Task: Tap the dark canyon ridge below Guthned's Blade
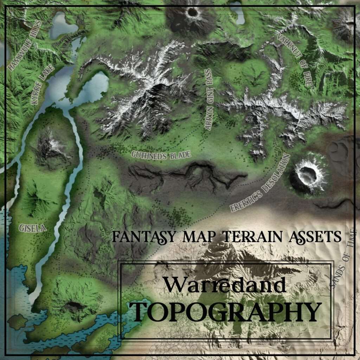click(190, 176)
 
